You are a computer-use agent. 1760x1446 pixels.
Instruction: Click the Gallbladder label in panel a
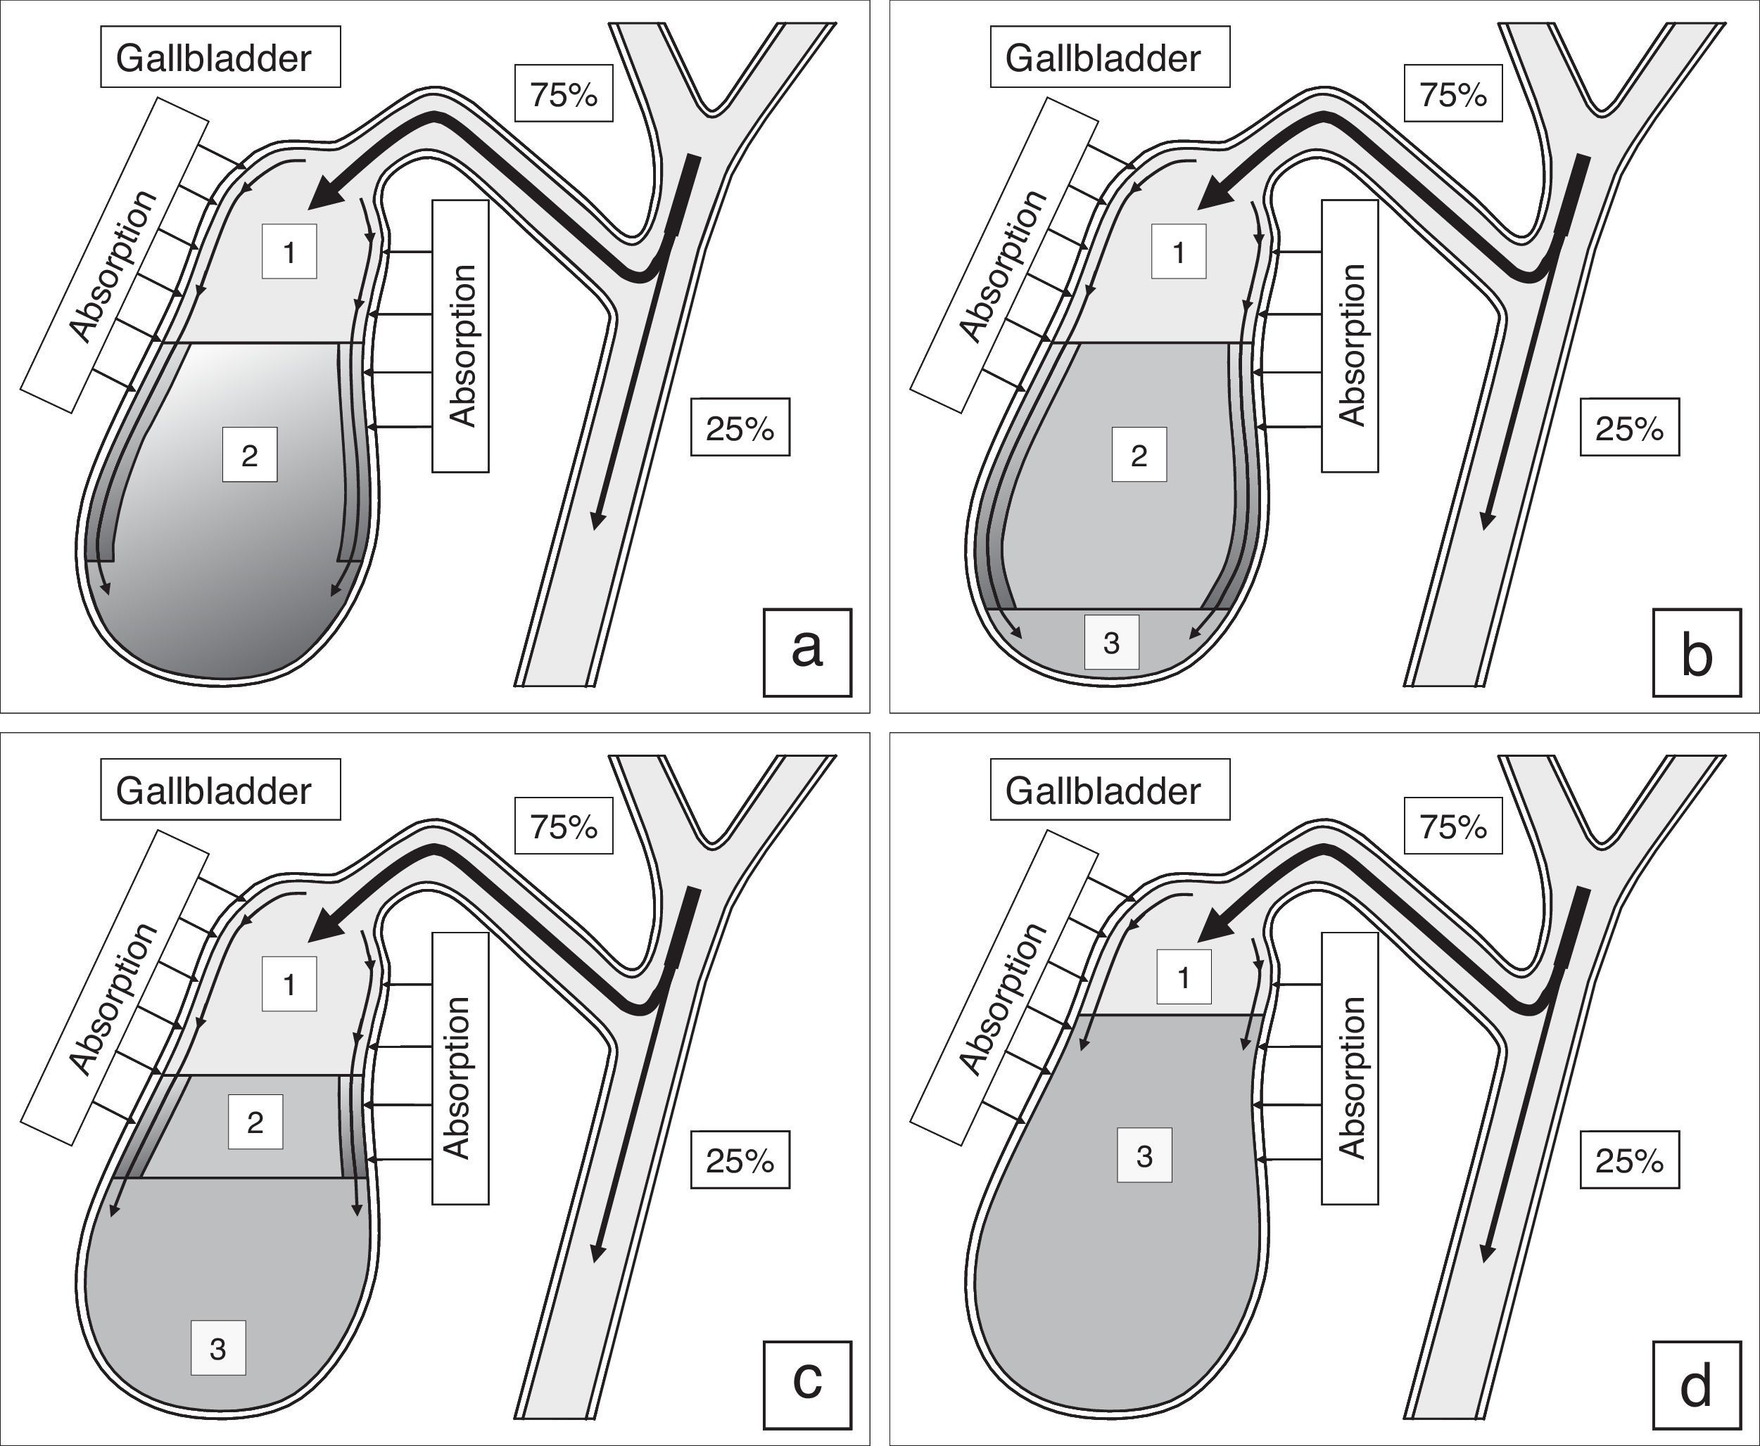220,57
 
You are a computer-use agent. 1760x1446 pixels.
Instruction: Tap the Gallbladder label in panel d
1109,790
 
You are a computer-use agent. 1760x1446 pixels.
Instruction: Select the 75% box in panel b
1452,94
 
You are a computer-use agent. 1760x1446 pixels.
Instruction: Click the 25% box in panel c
740,1160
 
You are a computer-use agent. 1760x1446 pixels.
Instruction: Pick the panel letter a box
806,652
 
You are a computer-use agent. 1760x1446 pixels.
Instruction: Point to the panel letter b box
1697,652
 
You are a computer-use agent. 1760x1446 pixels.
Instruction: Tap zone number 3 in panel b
1111,641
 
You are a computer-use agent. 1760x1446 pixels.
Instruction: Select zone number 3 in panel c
218,1348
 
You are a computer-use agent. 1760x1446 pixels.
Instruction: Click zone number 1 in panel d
1184,976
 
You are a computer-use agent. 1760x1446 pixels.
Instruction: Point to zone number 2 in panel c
255,1122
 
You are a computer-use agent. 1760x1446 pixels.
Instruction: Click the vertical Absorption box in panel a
460,335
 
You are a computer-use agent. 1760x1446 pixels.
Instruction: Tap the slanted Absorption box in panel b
1004,255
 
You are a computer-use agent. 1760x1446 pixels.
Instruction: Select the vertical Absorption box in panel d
1349,1068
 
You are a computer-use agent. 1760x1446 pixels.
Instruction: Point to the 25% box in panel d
1629,1160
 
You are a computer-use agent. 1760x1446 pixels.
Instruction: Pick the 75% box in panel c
564,826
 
